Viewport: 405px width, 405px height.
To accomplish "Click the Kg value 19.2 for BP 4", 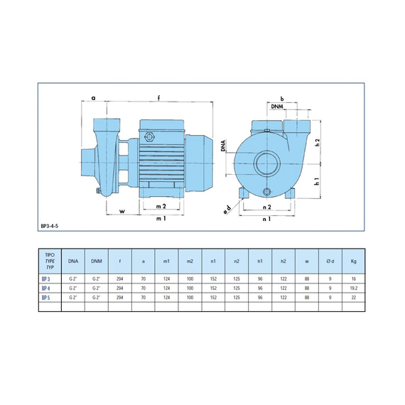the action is (354, 288).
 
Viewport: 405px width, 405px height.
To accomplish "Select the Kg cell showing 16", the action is (354, 279).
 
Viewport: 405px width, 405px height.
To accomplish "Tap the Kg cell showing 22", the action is (354, 298).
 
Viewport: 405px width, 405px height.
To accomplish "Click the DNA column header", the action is (73, 261).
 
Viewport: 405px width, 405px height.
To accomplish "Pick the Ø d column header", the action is (330, 261).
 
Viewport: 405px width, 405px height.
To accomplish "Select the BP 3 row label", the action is (45, 279).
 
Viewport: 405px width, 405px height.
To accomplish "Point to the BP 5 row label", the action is (45, 298).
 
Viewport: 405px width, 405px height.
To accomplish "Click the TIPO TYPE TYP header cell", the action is (50, 261).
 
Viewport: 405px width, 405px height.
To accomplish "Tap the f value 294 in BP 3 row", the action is (120, 279).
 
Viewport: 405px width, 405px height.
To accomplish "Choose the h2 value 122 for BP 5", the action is (283, 298).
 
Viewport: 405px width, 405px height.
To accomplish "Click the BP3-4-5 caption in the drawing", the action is (50, 226).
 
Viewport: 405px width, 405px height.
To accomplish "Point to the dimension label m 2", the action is (161, 206).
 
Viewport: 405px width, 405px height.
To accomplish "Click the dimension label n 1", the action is (266, 219).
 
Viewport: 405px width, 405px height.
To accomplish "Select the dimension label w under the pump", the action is (122, 211).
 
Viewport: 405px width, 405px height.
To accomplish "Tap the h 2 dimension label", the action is (318, 142).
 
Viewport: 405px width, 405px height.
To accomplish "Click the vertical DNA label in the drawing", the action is (223, 146).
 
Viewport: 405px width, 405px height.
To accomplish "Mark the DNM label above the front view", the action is (277, 107).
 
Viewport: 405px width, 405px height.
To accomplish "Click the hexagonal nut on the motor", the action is (149, 136).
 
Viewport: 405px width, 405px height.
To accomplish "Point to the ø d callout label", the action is (227, 210).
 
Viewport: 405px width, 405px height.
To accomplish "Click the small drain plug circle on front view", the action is (266, 192).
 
